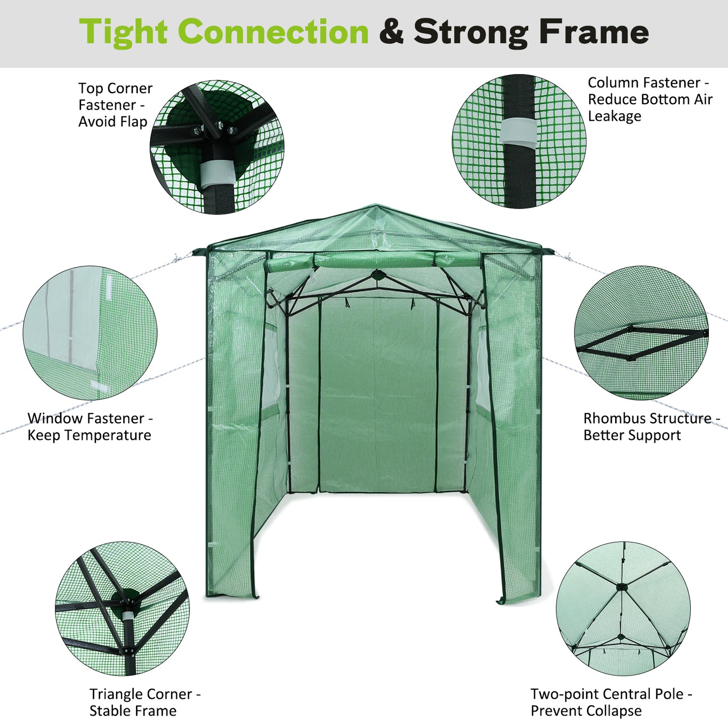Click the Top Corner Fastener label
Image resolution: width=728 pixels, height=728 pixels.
pyautogui.click(x=115, y=105)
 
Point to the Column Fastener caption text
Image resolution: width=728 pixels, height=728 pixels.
pyautogui.click(x=649, y=99)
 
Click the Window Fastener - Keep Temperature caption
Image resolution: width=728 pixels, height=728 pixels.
pyautogui.click(x=90, y=427)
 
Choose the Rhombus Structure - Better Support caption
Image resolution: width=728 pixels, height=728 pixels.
pyautogui.click(x=651, y=427)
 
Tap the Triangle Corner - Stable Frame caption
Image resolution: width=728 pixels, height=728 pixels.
pyautogui.click(x=145, y=702)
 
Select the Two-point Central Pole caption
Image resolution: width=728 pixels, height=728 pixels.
pyautogui.click(x=611, y=702)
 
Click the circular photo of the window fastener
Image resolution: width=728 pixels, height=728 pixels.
pyautogui.click(x=90, y=333)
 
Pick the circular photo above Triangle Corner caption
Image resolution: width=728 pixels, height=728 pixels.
pyautogui.click(x=122, y=609)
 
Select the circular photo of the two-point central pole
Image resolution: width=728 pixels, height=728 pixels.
pyautogui.click(x=623, y=609)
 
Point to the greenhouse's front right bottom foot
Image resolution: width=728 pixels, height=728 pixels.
pyautogui.click(x=500, y=600)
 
